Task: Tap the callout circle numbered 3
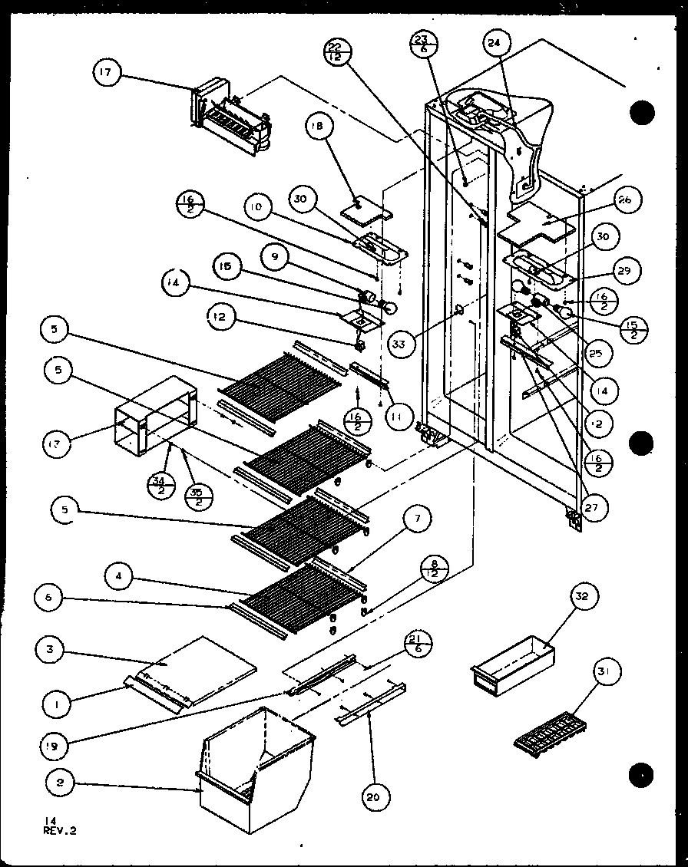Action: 50,650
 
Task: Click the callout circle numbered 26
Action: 623,200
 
